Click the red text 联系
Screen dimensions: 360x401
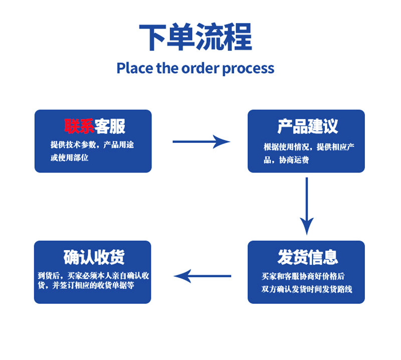(x=79, y=126)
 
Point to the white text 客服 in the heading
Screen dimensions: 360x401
(x=110, y=126)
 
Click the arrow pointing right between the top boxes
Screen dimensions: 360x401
(x=201, y=141)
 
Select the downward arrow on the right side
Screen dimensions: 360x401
(x=307, y=206)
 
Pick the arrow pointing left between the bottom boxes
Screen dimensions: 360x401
(x=202, y=276)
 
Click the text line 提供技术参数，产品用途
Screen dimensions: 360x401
(x=92, y=145)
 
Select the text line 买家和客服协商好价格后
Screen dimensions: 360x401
(x=303, y=276)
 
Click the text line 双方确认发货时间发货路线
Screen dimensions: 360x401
(x=307, y=289)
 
